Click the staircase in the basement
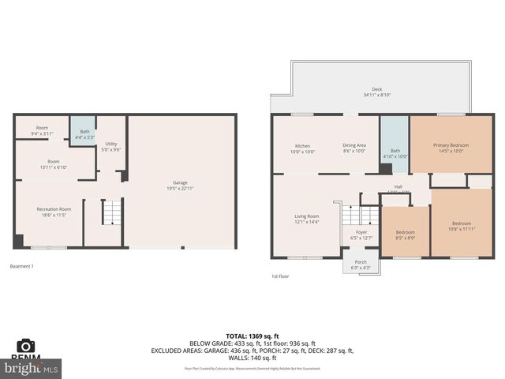click(x=112, y=212)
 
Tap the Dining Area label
click(x=354, y=148)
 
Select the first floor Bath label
click(x=395, y=153)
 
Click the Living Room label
click(x=306, y=219)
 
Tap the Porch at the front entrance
click(x=361, y=265)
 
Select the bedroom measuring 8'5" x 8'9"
click(x=405, y=235)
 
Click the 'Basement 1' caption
click(x=21, y=266)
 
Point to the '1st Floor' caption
click(x=279, y=277)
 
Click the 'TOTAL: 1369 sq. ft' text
click(x=252, y=336)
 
